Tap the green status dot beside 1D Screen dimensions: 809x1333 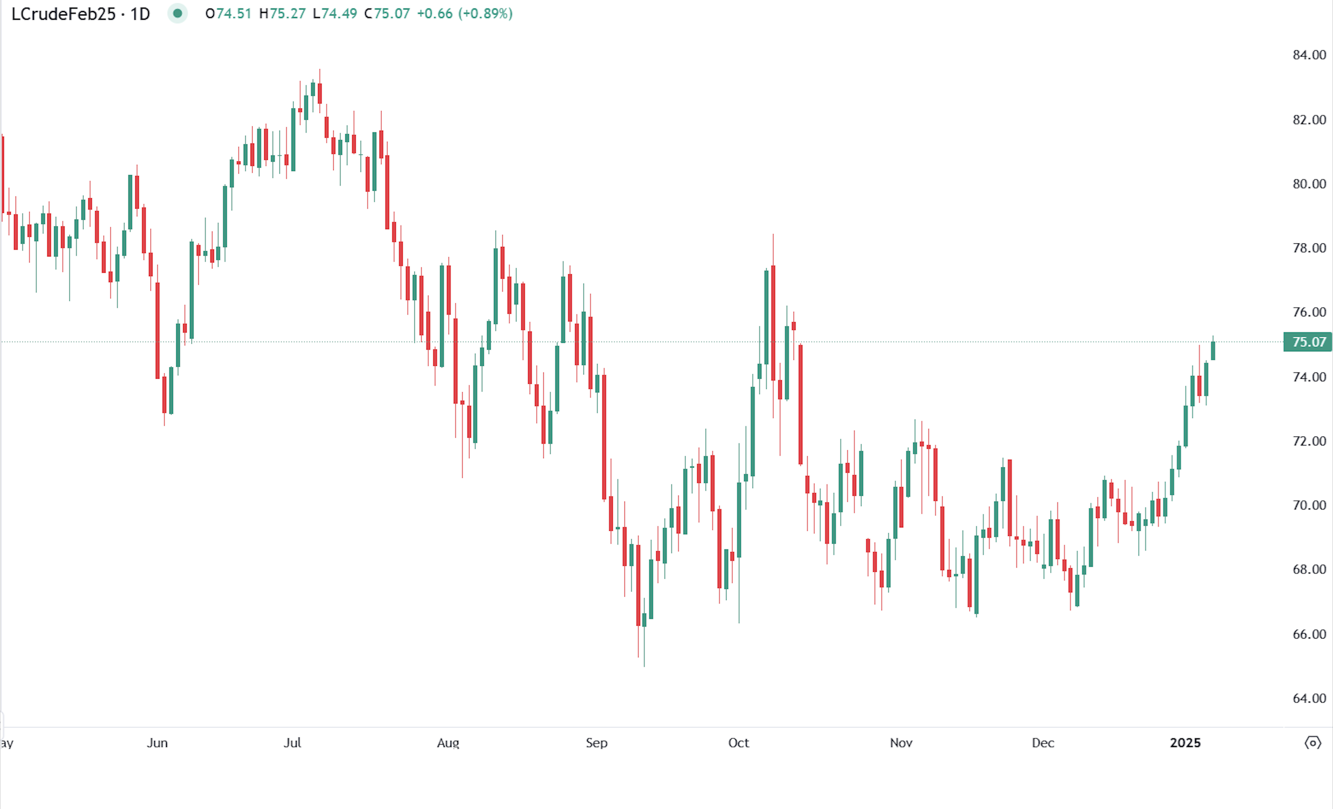pyautogui.click(x=177, y=14)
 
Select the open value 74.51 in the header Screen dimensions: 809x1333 pyautogui.click(x=234, y=14)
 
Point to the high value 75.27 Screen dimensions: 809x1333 pyautogui.click(x=288, y=14)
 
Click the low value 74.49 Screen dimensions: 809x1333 pyautogui.click(x=339, y=14)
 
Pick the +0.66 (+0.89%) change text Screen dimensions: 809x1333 pyautogui.click(x=464, y=14)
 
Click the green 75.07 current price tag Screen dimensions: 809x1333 pyautogui.click(x=1308, y=342)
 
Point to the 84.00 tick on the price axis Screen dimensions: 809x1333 pyautogui.click(x=1309, y=55)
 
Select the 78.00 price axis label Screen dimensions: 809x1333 pyautogui.click(x=1309, y=248)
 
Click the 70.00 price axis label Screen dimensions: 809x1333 pyautogui.click(x=1309, y=505)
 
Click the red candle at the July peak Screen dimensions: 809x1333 pyautogui.click(x=320, y=93)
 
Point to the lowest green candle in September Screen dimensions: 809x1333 pyautogui.click(x=644, y=620)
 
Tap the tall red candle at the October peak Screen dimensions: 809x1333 pyautogui.click(x=773, y=323)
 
